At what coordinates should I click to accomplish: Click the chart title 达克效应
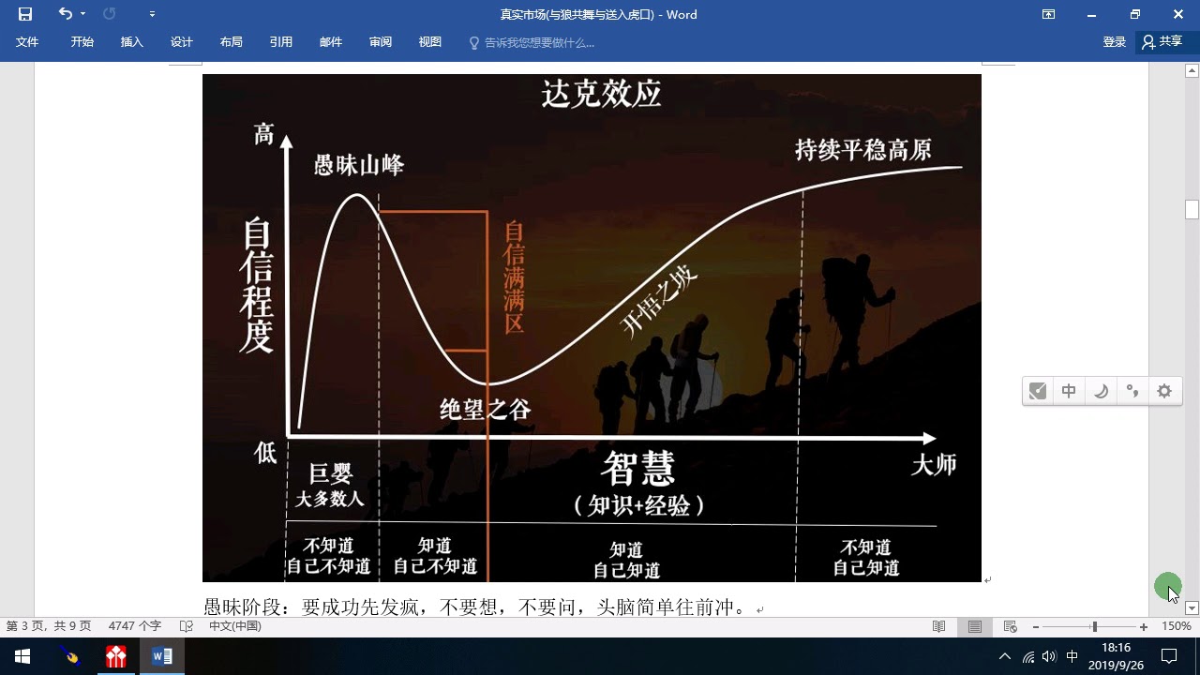click(x=601, y=95)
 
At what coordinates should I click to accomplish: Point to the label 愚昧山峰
click(x=358, y=165)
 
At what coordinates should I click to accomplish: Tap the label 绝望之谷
click(x=485, y=410)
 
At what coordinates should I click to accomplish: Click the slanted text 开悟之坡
click(x=658, y=303)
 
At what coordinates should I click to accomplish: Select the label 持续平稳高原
click(x=863, y=150)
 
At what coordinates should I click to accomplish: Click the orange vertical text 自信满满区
click(x=514, y=277)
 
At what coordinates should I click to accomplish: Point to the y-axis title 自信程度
click(x=257, y=285)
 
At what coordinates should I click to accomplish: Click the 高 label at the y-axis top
click(x=263, y=134)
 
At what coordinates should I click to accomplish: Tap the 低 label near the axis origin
click(x=264, y=453)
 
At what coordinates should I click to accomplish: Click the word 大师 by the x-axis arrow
click(x=934, y=464)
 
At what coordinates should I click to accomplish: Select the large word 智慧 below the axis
click(x=637, y=469)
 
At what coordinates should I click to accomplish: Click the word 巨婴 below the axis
click(x=331, y=473)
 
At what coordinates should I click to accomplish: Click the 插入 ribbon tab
click(x=132, y=42)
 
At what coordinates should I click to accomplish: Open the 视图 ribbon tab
click(x=429, y=42)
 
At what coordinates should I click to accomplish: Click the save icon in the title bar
click(x=25, y=14)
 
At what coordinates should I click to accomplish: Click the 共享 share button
click(x=1162, y=42)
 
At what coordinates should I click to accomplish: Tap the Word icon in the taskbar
click(x=162, y=656)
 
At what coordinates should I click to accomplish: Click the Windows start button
click(x=22, y=656)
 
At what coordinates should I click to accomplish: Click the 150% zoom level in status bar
click(x=1176, y=626)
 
